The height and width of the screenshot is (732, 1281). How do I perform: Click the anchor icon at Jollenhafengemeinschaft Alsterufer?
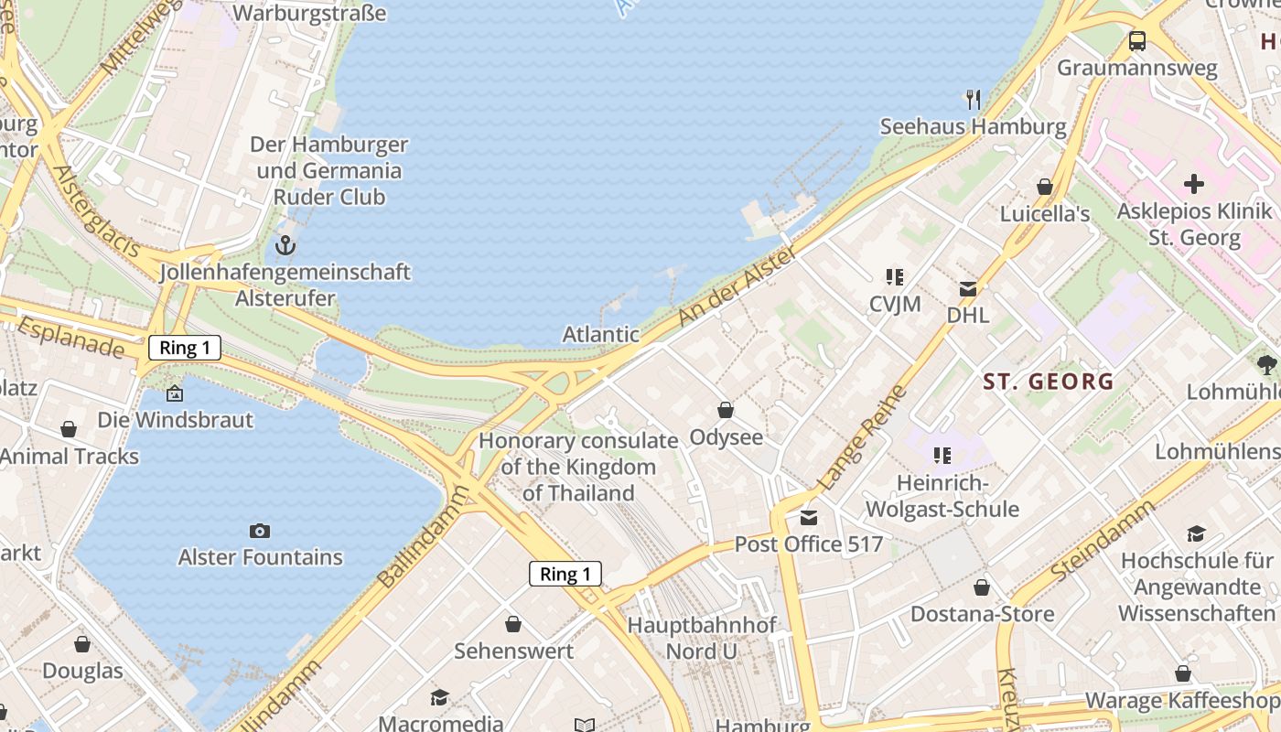(x=285, y=245)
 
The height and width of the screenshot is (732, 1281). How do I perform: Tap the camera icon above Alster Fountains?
(x=260, y=531)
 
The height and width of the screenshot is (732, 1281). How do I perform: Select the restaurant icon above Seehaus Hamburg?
(x=974, y=99)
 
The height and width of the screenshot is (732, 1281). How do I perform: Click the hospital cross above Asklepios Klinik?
(x=1194, y=184)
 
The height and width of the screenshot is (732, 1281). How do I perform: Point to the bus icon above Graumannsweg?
(x=1137, y=41)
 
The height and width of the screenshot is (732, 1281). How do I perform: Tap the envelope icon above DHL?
(x=968, y=289)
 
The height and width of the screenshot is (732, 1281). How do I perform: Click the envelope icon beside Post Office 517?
(x=809, y=518)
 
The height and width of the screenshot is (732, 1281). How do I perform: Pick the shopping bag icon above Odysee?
(x=726, y=410)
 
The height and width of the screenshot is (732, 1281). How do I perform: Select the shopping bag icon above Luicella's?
(x=1045, y=187)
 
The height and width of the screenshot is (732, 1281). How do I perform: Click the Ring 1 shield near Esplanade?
(x=184, y=348)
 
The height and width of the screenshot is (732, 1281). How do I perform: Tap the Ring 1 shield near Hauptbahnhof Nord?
(x=565, y=574)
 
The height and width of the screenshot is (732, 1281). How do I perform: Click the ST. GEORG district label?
(x=1049, y=382)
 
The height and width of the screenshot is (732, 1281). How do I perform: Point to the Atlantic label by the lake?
(x=601, y=334)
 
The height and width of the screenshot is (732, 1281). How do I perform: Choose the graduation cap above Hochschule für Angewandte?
(x=1196, y=534)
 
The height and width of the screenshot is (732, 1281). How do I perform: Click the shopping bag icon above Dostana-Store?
(x=982, y=587)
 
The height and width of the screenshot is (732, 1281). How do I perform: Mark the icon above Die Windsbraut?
(x=175, y=394)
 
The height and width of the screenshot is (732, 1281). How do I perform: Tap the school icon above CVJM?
(x=895, y=277)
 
